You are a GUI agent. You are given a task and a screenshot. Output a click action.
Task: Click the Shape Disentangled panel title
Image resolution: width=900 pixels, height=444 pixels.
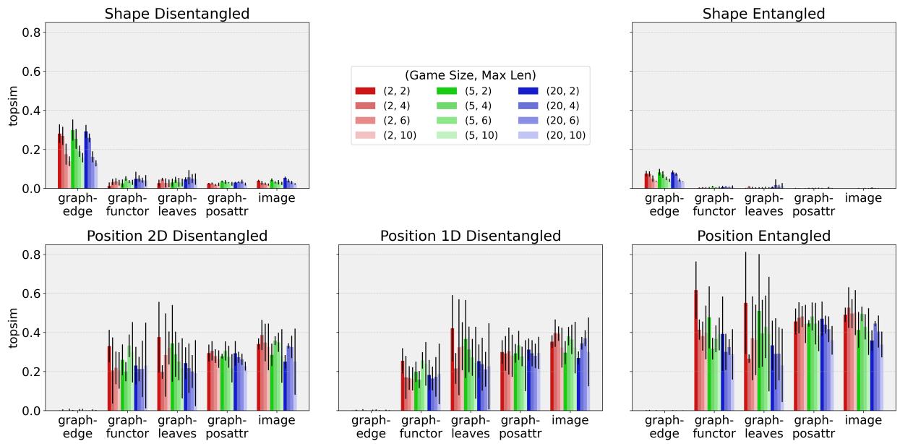tap(176, 14)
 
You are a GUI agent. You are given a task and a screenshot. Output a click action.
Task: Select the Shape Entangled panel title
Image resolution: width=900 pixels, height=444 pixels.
tap(763, 14)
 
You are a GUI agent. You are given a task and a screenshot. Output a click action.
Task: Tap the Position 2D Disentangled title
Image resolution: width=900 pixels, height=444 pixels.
tap(176, 236)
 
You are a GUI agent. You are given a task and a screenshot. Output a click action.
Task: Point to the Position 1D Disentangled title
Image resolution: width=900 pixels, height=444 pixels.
tap(470, 236)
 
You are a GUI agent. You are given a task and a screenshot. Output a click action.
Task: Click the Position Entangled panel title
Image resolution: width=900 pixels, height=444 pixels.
tap(763, 236)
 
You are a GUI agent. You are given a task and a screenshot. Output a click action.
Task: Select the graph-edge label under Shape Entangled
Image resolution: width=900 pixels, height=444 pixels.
tap(664, 205)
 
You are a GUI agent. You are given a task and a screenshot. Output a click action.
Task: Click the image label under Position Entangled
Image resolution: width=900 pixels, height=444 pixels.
tap(863, 421)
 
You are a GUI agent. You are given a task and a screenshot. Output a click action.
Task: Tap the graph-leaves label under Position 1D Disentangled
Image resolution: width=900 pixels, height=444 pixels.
tap(471, 427)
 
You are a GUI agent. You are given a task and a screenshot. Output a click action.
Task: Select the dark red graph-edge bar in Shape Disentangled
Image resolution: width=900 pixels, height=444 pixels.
tap(60, 161)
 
